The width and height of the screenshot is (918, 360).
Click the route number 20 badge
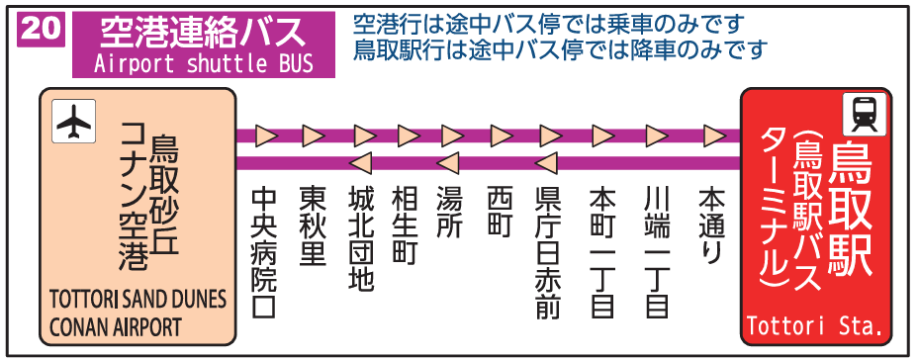pos(41,29)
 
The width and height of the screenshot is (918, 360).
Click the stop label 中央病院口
pos(264,251)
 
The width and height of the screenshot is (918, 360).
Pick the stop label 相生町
pos(406,225)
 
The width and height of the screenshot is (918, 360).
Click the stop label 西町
pos(500,214)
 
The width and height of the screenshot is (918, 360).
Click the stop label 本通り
pos(711,225)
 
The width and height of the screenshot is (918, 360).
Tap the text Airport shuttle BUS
pos(203,65)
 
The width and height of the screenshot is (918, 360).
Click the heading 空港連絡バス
pos(203,32)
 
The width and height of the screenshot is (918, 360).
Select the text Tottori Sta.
pos(813,325)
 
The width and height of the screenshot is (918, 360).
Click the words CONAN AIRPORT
pos(111,325)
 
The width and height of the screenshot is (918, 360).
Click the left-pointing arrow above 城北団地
pos(360,162)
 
